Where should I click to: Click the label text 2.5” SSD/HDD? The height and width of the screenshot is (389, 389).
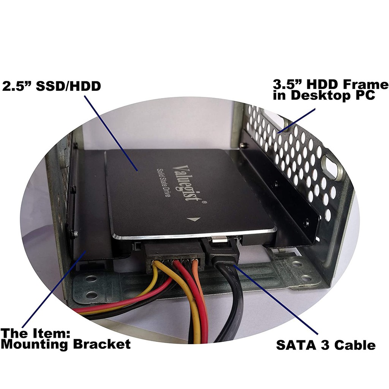point(52,86)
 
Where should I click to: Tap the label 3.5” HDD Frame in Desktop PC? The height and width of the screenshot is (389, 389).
point(330,90)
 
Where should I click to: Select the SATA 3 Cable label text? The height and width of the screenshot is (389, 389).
point(326,345)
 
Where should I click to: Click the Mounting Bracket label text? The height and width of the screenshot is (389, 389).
point(65,344)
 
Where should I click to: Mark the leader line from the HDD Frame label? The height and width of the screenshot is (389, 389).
point(296,121)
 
